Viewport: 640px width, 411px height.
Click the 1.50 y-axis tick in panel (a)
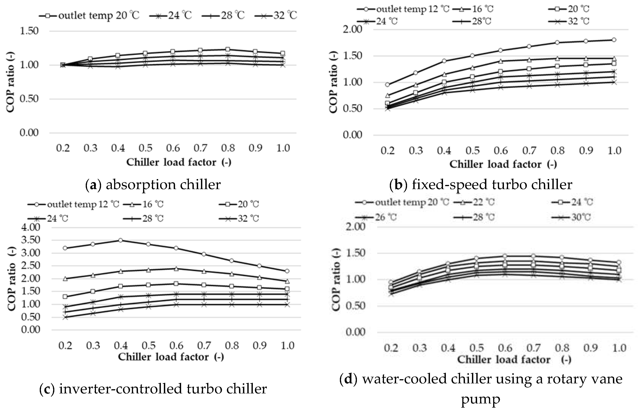pos(29,31)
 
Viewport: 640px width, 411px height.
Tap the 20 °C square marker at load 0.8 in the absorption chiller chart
pos(228,49)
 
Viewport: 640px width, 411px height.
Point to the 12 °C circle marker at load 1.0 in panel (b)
pos(614,40)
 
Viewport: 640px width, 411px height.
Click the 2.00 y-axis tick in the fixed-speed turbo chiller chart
pos(352,29)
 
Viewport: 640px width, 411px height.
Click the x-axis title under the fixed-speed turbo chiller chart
pos(503,164)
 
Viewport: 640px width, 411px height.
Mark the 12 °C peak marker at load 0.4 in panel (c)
pos(120,240)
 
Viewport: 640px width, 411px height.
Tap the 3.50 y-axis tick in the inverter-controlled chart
pos(30,240)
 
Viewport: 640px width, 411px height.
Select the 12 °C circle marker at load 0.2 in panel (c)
pos(65,248)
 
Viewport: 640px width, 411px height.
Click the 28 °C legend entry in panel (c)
pos(143,219)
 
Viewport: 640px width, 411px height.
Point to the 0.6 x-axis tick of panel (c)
pos(176,346)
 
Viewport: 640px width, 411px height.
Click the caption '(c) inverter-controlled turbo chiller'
pos(153,389)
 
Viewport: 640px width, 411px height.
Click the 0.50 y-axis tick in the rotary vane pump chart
pos(355,306)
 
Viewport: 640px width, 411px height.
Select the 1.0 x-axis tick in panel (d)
pos(619,348)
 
